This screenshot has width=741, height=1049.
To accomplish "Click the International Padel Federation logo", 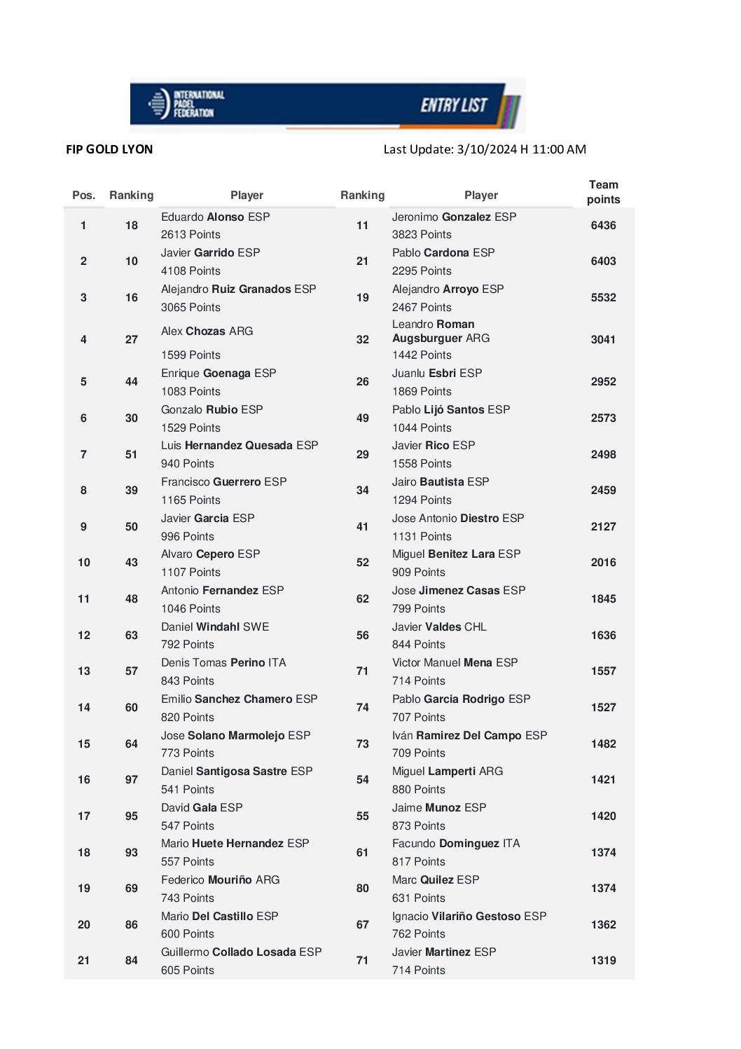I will click(x=186, y=104).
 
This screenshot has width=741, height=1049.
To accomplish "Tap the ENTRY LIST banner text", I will click(x=454, y=105).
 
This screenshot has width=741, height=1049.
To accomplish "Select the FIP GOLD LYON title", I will click(x=109, y=149).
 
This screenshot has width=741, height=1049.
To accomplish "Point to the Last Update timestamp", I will click(x=485, y=149).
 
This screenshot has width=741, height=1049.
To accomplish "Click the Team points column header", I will click(x=603, y=192).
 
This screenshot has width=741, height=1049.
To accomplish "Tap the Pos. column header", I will click(x=83, y=196).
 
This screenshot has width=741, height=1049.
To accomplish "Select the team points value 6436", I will click(x=603, y=226).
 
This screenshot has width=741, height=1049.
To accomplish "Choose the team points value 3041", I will click(x=603, y=340).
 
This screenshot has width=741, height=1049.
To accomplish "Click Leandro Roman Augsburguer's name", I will click(x=441, y=331).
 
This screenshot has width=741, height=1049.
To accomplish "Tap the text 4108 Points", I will click(x=191, y=271).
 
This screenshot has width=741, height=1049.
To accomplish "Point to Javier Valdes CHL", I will click(x=439, y=627).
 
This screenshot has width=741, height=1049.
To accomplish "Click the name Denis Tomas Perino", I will click(x=223, y=663).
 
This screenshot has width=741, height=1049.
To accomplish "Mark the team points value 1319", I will click(x=603, y=961).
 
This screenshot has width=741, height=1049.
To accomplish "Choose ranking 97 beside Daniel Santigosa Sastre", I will click(x=132, y=780).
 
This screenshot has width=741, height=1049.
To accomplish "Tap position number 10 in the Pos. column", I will click(x=84, y=563).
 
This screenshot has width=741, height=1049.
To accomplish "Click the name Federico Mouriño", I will click(x=220, y=880).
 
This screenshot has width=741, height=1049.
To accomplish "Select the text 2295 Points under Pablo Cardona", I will click(x=422, y=271).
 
